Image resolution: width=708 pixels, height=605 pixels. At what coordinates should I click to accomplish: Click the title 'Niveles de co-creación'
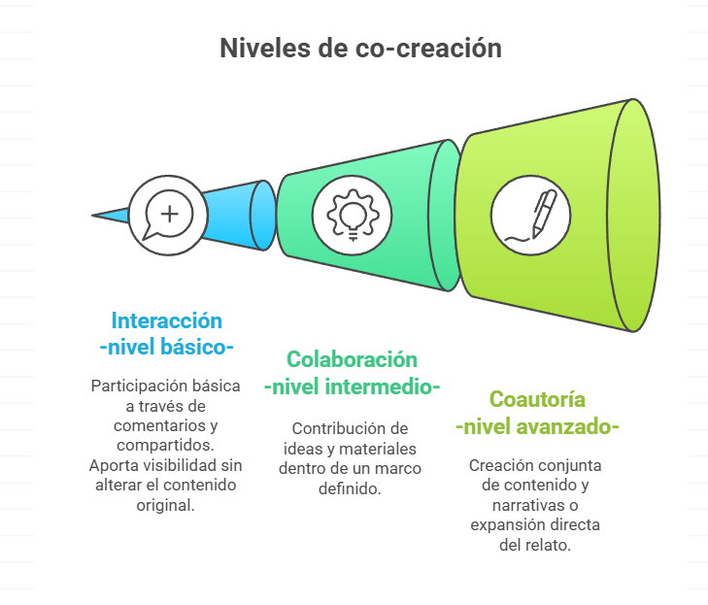coord(360,48)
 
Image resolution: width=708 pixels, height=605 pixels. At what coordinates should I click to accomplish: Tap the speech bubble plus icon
coord(168,215)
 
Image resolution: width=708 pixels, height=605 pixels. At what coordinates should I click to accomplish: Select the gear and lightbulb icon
coord(353,216)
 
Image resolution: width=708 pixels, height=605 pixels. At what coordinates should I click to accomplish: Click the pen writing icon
coord(531,216)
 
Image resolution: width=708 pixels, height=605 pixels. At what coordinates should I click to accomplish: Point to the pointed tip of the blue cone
coord(92,216)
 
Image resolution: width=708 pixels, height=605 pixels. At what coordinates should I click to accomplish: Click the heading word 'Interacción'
coord(167,321)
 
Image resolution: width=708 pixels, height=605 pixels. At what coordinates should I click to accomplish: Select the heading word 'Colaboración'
coord(352,360)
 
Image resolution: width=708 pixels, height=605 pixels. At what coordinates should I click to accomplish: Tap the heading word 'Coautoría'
coord(537,399)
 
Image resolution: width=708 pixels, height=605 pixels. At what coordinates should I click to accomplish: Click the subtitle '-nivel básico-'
coord(167,348)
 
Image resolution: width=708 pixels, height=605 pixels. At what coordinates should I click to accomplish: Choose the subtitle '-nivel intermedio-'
coord(352,387)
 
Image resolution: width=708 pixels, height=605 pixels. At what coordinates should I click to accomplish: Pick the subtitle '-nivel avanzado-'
coord(537,426)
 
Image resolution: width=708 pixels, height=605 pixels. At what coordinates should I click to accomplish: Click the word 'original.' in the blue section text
coord(166,505)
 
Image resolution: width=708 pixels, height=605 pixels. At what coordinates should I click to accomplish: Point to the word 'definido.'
coord(350,488)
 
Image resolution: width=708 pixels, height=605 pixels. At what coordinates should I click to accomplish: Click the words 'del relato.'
coord(535,545)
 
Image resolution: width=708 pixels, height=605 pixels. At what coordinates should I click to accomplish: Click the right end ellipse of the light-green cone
coord(633,216)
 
